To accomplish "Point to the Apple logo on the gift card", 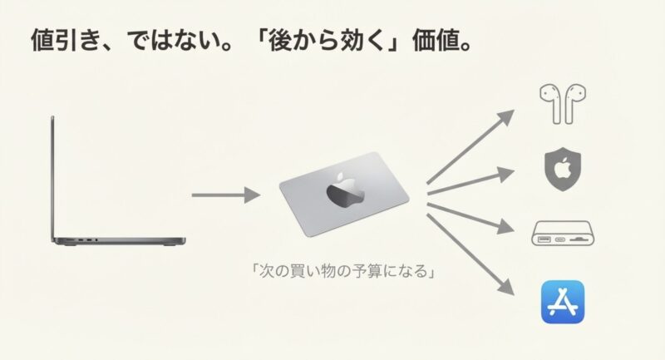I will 342,190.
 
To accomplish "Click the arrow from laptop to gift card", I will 225,196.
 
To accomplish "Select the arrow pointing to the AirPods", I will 473,145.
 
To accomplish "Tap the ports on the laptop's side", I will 86,239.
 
